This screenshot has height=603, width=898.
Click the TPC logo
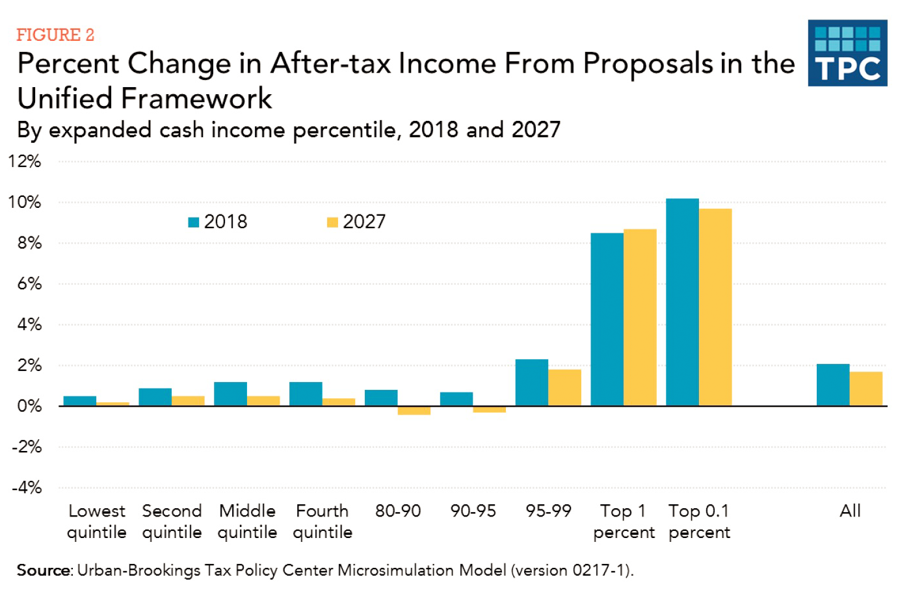pyautogui.click(x=847, y=53)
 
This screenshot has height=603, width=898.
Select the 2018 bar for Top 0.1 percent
pyautogui.click(x=682, y=302)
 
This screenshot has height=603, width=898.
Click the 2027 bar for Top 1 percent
pyautogui.click(x=640, y=318)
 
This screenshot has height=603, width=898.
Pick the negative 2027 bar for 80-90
pyautogui.click(x=414, y=411)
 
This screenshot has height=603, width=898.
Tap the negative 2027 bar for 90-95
pyautogui.click(x=489, y=409)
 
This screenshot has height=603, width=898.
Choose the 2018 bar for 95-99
pyautogui.click(x=531, y=383)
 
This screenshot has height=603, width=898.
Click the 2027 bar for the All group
pyautogui.click(x=865, y=389)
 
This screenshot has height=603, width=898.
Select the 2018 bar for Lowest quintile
pyautogui.click(x=79, y=401)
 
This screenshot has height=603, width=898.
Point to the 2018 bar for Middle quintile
pyautogui.click(x=230, y=394)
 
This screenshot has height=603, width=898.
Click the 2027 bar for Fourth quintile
pyautogui.click(x=339, y=402)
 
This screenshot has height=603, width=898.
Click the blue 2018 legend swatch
pyautogui.click(x=193, y=222)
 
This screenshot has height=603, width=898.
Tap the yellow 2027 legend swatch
pyautogui.click(x=332, y=222)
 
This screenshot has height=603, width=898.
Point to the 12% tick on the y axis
pyautogui.click(x=25, y=161)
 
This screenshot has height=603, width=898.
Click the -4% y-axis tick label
pyautogui.click(x=27, y=487)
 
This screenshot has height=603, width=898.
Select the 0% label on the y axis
pyautogui.click(x=29, y=406)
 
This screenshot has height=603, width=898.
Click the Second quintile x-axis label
pyautogui.click(x=172, y=521)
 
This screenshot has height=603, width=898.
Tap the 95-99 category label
pyautogui.click(x=548, y=511)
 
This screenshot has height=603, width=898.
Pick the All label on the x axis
pyautogui.click(x=850, y=511)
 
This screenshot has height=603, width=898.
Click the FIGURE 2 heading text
pyautogui.click(x=55, y=34)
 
